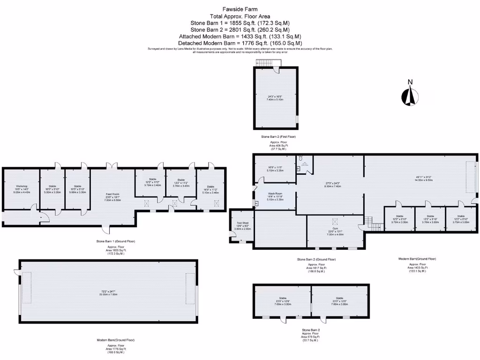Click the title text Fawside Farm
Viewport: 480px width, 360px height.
pos(240,9)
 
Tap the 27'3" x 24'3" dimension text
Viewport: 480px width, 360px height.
pos(332,183)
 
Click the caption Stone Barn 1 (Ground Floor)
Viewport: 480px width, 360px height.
pos(116,241)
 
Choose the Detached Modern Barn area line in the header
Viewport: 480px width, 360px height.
pos(240,43)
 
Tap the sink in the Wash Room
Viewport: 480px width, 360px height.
pos(256,203)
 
